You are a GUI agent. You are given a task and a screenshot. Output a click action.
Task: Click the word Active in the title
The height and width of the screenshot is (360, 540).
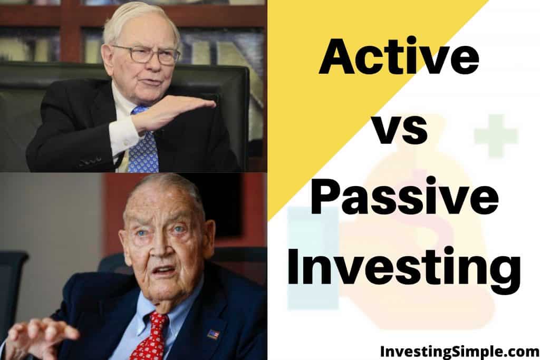click(399, 56)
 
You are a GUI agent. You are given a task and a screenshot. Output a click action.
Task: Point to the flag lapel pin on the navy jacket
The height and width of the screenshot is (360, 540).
click(213, 334)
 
